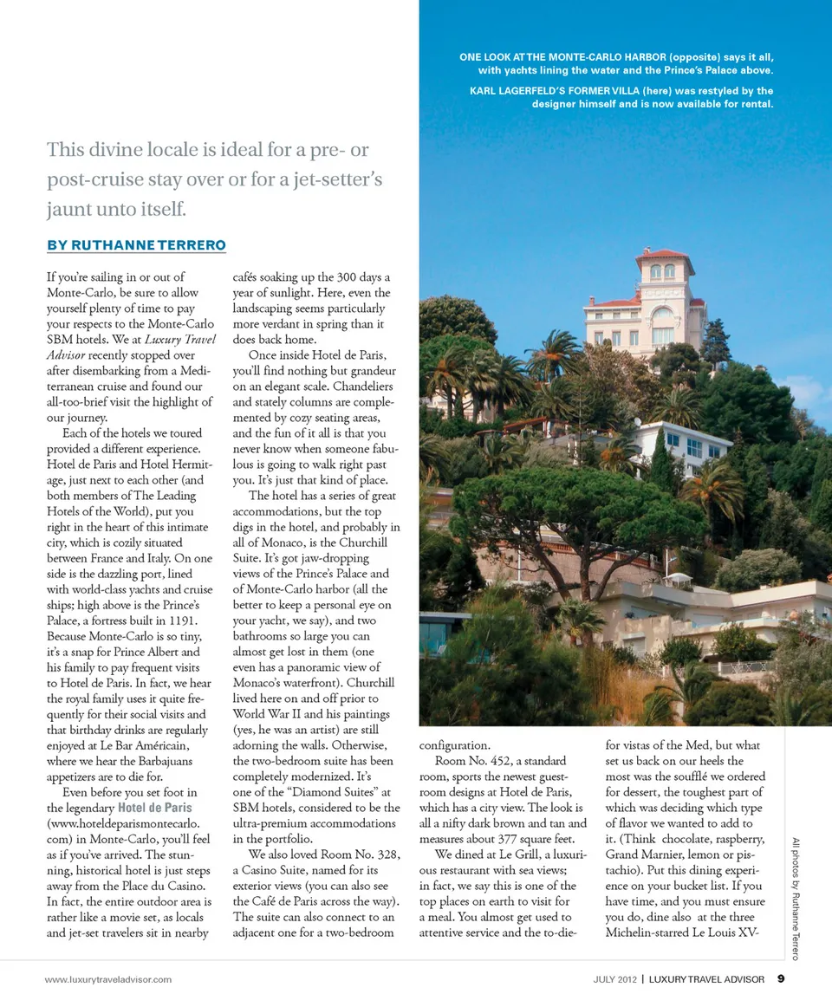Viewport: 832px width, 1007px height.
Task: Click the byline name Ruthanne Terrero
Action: [136, 245]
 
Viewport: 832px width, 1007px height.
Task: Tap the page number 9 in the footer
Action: [781, 979]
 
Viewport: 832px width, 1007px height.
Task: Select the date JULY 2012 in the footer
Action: [615, 979]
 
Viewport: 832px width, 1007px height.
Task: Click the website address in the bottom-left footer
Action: [108, 979]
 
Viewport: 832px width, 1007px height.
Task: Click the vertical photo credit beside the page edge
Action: [796, 898]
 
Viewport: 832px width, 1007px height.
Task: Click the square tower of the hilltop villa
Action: [664, 277]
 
